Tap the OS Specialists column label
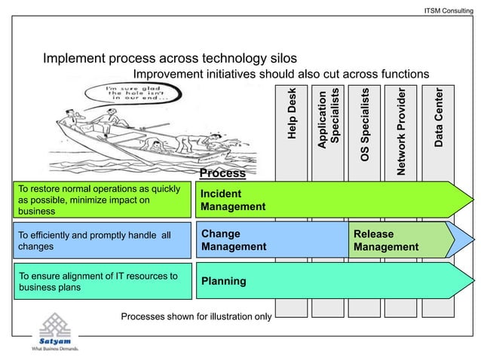click(x=365, y=124)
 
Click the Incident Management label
click(x=233, y=200)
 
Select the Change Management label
click(x=234, y=240)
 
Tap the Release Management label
click(x=385, y=240)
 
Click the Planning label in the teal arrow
click(x=223, y=281)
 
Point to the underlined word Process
click(x=222, y=173)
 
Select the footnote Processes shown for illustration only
click(x=196, y=316)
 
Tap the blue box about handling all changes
click(x=103, y=240)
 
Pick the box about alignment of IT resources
click(x=103, y=281)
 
